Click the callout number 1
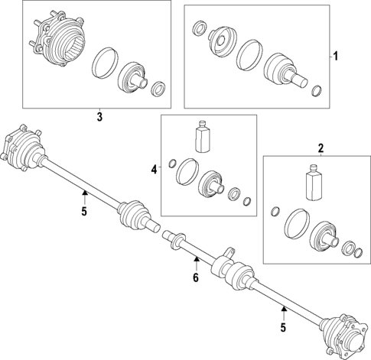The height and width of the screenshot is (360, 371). click(x=336, y=56)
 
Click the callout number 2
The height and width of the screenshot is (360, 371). click(x=321, y=148)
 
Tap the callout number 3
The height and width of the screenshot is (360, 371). click(x=99, y=117)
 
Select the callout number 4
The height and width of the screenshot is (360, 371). click(x=154, y=169)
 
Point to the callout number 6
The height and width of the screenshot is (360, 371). click(x=196, y=277)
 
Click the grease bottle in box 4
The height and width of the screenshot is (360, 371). click(x=203, y=137)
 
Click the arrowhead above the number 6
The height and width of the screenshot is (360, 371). click(x=197, y=259)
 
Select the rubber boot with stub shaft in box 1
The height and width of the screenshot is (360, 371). click(x=285, y=70)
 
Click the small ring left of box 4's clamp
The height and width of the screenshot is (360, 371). click(x=173, y=164)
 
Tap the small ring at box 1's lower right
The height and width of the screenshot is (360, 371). click(x=317, y=91)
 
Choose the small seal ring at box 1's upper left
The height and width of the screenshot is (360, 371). click(x=198, y=28)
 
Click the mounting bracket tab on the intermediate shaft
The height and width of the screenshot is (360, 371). click(x=230, y=252)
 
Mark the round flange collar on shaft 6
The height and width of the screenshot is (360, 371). click(x=177, y=239)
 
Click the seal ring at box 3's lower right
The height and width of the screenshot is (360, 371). click(x=158, y=89)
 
